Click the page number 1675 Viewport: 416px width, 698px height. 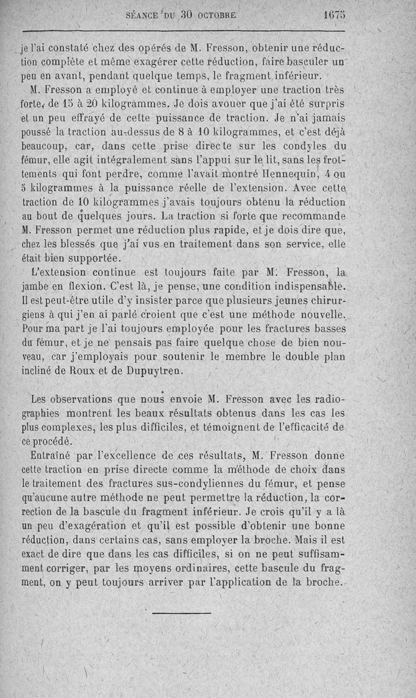pyautogui.click(x=333, y=15)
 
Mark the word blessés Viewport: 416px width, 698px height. pyautogui.click(x=80, y=243)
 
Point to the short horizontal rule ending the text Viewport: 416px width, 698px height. pyautogui.click(x=181, y=613)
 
